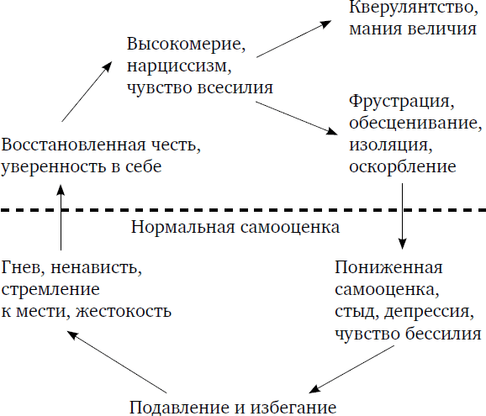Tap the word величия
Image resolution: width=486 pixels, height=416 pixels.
pyautogui.click(x=442, y=29)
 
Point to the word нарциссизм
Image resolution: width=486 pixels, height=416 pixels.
pyautogui.click(x=179, y=66)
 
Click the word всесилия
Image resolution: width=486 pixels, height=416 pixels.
pyautogui.click(x=235, y=87)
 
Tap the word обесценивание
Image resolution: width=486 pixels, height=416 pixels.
pyautogui.click(x=415, y=123)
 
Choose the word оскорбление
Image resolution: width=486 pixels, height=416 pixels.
pyautogui.click(x=403, y=166)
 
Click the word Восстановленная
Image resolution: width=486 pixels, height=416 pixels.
pyautogui.click(x=73, y=145)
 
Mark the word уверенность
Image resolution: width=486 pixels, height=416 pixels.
pyautogui.click(x=53, y=166)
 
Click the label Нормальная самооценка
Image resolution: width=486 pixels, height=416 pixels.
pyautogui.click(x=235, y=227)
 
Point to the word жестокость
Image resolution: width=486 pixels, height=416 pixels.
pyautogui.click(x=124, y=311)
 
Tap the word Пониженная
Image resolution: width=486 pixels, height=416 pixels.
pyautogui.click(x=388, y=267)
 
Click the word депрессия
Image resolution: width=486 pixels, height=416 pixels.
pyautogui.click(x=429, y=312)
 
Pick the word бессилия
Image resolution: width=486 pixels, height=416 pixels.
pyautogui.click(x=443, y=334)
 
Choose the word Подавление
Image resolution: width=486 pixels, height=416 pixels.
pyautogui.click(x=182, y=407)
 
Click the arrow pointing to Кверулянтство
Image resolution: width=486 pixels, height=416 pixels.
pyautogui.click(x=294, y=39)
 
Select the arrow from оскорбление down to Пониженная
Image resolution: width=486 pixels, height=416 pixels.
pyautogui.click(x=402, y=216)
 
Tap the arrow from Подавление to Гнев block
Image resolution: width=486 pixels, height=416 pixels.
pyautogui.click(x=117, y=361)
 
